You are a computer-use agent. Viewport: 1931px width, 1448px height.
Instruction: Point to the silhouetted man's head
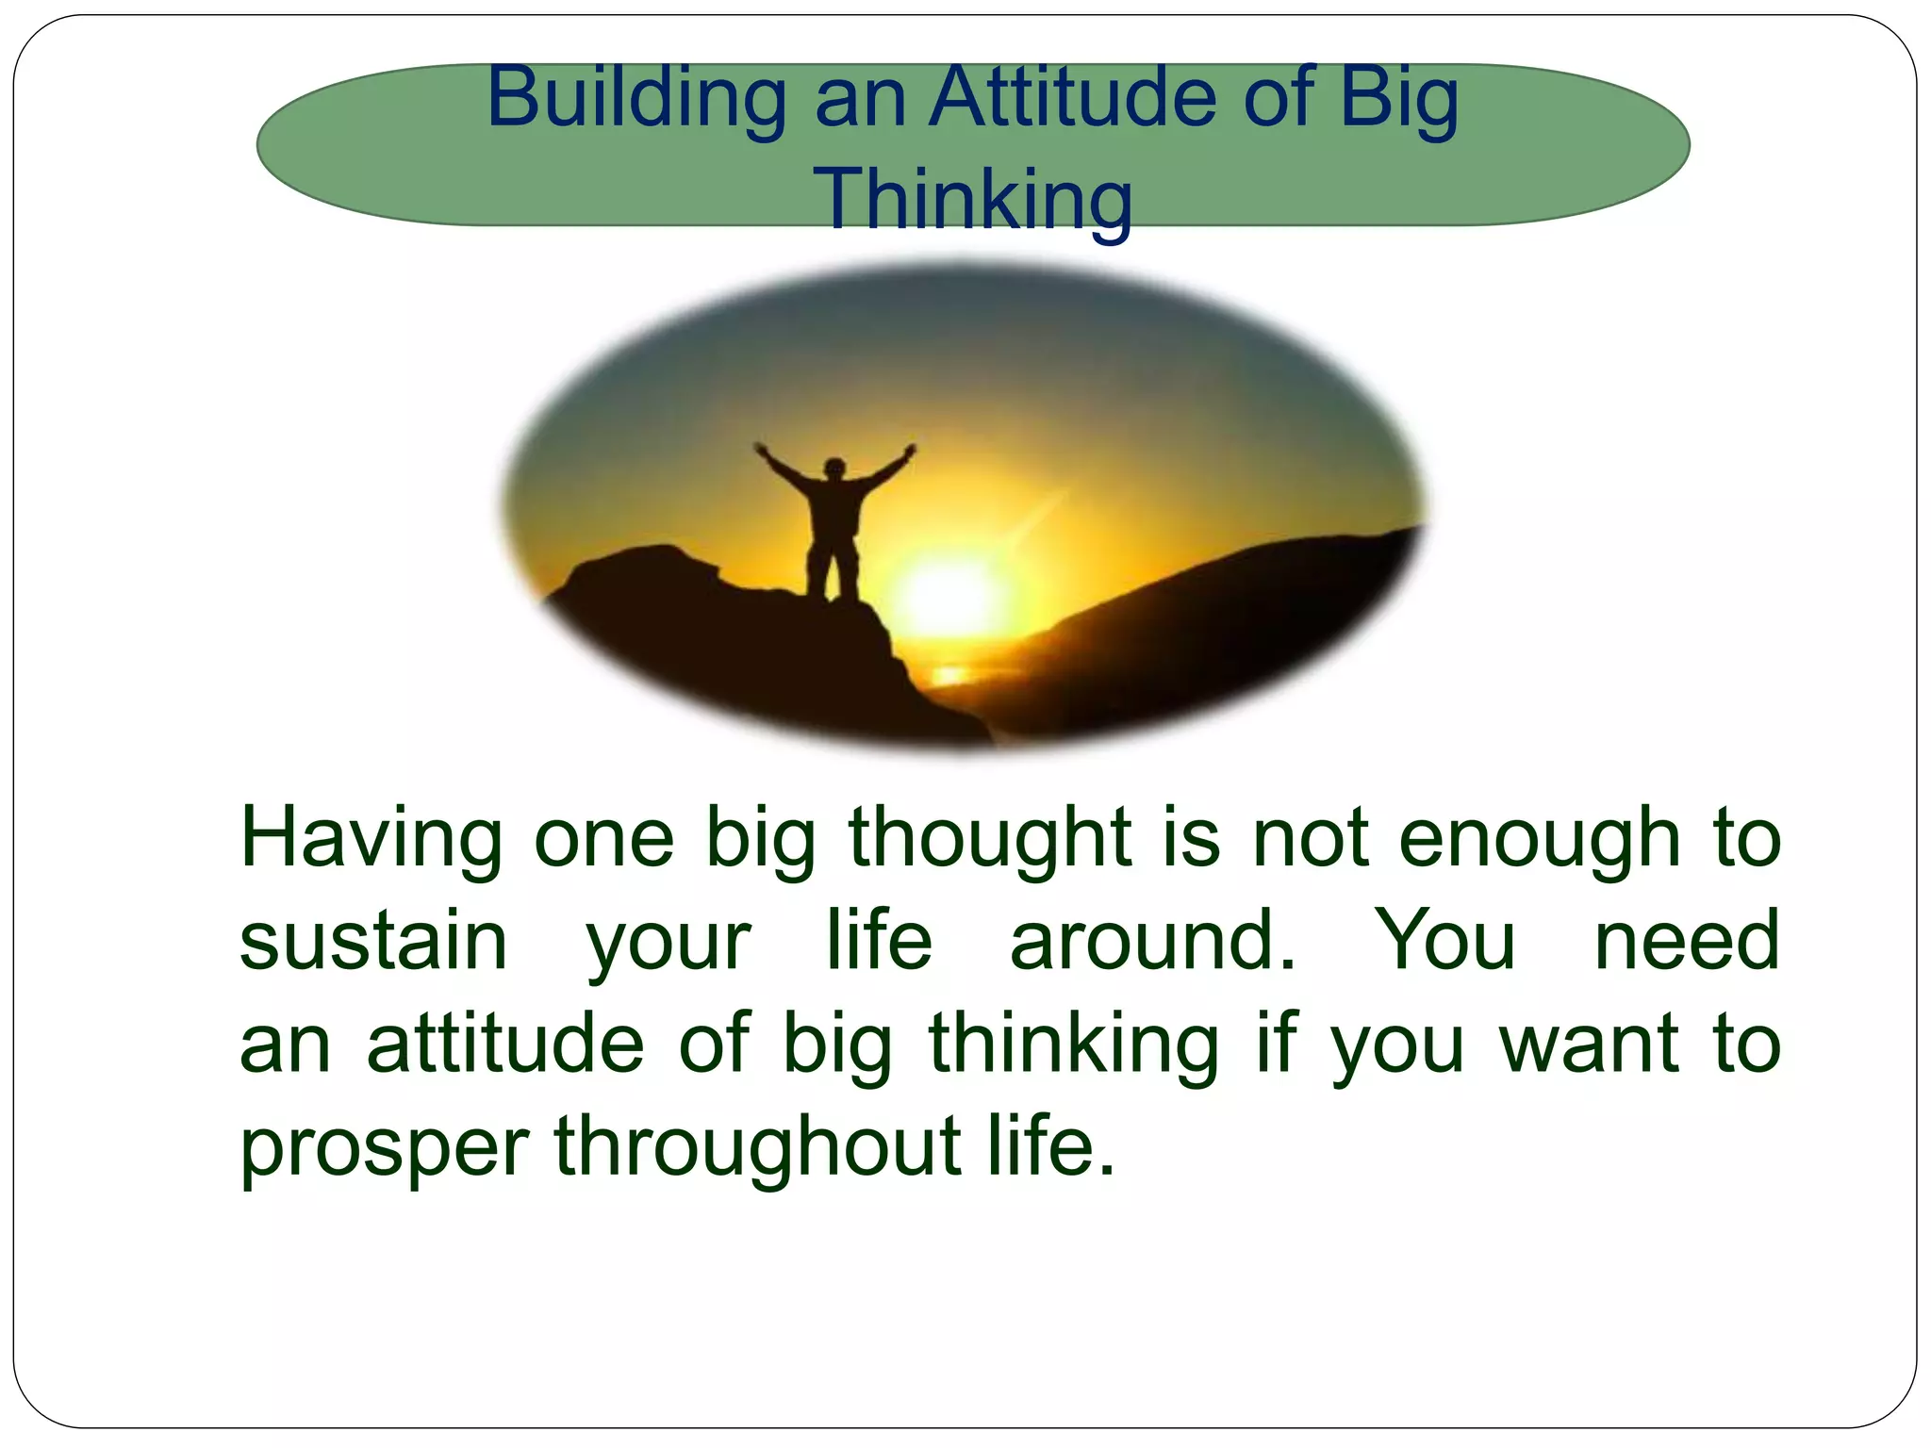coord(833,469)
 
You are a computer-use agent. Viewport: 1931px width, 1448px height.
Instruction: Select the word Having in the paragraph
coord(371,839)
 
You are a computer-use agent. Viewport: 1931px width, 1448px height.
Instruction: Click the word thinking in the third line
coord(1074,1045)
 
